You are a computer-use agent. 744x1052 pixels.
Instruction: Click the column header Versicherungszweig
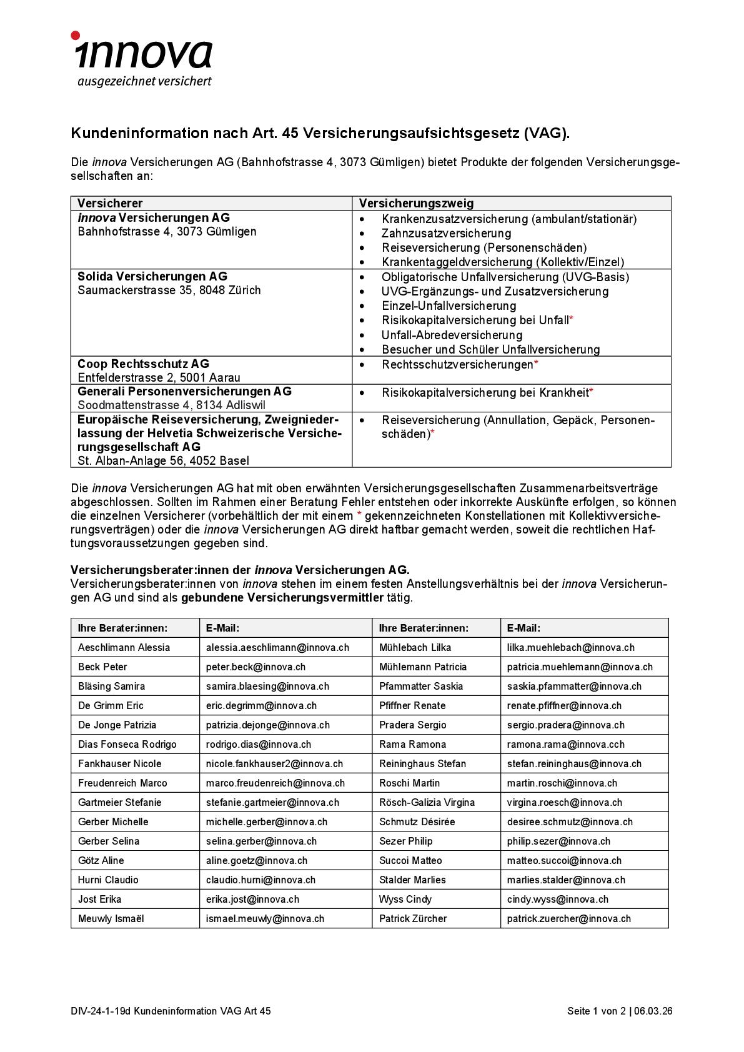click(x=416, y=203)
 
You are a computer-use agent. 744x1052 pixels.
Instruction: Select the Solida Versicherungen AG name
click(x=152, y=276)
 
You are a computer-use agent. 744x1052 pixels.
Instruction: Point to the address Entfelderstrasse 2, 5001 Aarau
click(x=159, y=377)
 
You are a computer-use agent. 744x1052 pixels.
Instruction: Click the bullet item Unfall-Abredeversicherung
click(x=452, y=335)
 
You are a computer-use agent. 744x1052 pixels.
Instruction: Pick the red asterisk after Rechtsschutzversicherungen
click(x=536, y=364)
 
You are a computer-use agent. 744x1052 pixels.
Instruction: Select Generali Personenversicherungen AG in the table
click(x=184, y=391)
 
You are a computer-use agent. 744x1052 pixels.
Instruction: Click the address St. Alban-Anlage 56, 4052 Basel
click(x=163, y=460)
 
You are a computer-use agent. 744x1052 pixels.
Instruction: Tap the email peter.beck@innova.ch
click(x=255, y=667)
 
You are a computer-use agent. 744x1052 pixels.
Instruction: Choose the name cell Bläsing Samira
click(x=111, y=686)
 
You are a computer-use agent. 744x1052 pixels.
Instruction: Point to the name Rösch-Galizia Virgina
click(x=427, y=802)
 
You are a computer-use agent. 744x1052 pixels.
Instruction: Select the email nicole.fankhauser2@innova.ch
click(x=274, y=763)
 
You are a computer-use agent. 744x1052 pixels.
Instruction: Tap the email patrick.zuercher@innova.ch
click(x=568, y=918)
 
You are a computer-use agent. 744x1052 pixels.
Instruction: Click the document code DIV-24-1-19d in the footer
click(x=100, y=1011)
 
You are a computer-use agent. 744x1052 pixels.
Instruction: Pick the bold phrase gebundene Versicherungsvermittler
click(x=282, y=598)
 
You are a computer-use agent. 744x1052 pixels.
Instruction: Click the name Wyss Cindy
click(x=405, y=899)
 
